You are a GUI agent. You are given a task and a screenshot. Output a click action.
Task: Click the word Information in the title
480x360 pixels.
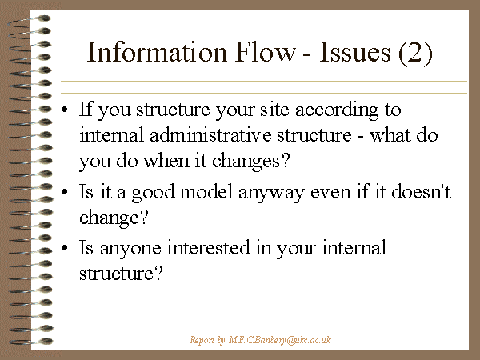pyautogui.click(x=157, y=52)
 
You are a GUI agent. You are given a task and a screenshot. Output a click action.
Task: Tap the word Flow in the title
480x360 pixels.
pyautogui.click(x=266, y=52)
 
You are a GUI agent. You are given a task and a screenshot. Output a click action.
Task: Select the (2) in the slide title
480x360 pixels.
pyautogui.click(x=415, y=54)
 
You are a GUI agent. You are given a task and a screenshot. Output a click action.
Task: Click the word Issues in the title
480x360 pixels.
pyautogui.click(x=355, y=52)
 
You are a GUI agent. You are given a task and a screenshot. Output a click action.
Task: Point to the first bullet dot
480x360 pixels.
pyautogui.click(x=64, y=110)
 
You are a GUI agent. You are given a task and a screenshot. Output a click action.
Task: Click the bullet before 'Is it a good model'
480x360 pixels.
pyautogui.click(x=64, y=192)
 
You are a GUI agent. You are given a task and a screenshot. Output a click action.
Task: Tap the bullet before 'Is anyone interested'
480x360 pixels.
pyautogui.click(x=64, y=248)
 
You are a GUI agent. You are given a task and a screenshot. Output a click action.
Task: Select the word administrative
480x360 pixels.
pyautogui.click(x=210, y=134)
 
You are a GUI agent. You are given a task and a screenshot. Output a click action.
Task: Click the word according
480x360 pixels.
pyautogui.click(x=337, y=110)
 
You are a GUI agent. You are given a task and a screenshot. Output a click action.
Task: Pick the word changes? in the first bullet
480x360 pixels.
pyautogui.click(x=250, y=162)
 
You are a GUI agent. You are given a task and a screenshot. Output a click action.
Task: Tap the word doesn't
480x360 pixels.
pyautogui.click(x=422, y=192)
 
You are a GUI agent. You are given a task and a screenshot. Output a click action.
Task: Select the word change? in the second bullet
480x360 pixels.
pyautogui.click(x=114, y=218)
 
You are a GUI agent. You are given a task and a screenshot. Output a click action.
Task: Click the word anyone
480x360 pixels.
pyautogui.click(x=130, y=249)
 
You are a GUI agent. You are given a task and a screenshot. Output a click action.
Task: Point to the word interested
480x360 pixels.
pyautogui.click(x=209, y=247)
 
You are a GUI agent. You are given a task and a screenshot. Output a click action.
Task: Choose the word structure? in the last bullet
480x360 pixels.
pyautogui.click(x=121, y=273)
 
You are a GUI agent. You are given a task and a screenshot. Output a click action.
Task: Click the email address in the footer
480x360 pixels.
pyautogui.click(x=280, y=340)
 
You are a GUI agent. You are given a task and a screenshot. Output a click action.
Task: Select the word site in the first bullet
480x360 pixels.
pyautogui.click(x=274, y=110)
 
